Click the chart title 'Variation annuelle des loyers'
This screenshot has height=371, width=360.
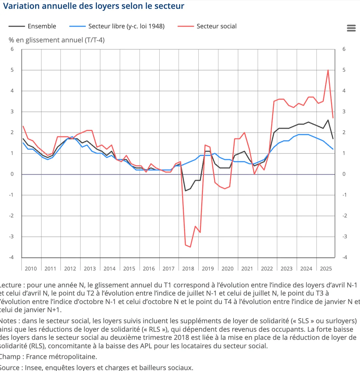[x=94, y=6]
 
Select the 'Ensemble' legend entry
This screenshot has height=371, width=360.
[x=42, y=26]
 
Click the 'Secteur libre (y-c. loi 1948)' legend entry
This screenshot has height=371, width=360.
[x=126, y=26]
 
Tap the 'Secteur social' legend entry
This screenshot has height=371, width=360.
[x=216, y=26]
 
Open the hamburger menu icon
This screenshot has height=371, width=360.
[x=351, y=28]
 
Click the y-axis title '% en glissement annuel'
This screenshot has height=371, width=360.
[x=57, y=40]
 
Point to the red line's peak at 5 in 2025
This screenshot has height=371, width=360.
[x=328, y=70]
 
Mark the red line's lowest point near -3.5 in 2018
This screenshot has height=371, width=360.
[x=190, y=247]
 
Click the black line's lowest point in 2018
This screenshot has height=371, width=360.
[x=185, y=191]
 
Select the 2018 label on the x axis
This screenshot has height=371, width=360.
[x=188, y=268]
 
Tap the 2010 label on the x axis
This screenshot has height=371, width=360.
[x=31, y=268]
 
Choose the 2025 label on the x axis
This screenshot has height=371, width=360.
[x=326, y=268]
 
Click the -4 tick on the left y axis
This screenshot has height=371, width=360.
[x=12, y=257]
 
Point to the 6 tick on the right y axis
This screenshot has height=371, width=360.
[x=344, y=49]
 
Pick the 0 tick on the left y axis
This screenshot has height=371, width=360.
[x=12, y=174]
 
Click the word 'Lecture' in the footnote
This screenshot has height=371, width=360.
[x=11, y=285]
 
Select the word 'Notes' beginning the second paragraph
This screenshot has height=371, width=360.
[x=8, y=321]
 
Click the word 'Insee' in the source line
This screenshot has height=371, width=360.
[x=33, y=367]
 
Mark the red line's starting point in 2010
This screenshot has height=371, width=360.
[x=23, y=126]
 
